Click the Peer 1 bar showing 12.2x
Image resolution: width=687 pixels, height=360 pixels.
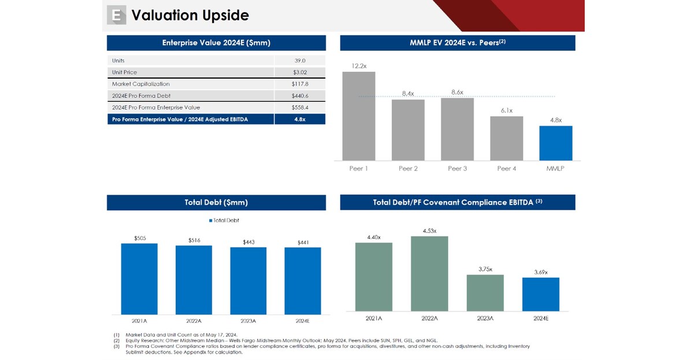click(358, 116)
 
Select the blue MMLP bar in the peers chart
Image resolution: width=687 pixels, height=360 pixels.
click(555, 143)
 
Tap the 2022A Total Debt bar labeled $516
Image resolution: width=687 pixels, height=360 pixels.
click(194, 280)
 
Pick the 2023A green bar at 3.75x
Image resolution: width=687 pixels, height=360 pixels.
click(485, 293)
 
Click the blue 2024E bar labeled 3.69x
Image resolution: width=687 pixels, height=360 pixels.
click(540, 294)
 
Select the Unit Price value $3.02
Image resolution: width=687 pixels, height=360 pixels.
click(299, 72)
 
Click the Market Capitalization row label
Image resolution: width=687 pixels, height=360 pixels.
click(141, 84)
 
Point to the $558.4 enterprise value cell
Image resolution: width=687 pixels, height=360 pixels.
click(299, 107)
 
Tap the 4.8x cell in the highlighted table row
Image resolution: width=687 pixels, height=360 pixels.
click(299, 119)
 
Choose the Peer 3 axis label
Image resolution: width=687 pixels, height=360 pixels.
click(457, 169)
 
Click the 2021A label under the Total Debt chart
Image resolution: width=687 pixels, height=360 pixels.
click(139, 320)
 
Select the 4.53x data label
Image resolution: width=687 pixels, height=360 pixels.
click(429, 231)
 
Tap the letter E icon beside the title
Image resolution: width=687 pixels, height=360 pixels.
click(116, 16)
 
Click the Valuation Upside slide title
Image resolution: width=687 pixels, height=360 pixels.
click(190, 16)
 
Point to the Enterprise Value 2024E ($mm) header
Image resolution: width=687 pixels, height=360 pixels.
click(216, 43)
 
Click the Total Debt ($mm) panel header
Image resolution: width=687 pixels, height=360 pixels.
click(216, 203)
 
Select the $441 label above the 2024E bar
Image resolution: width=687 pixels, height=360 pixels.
click(303, 242)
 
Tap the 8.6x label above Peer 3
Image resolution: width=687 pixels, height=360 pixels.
click(456, 92)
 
